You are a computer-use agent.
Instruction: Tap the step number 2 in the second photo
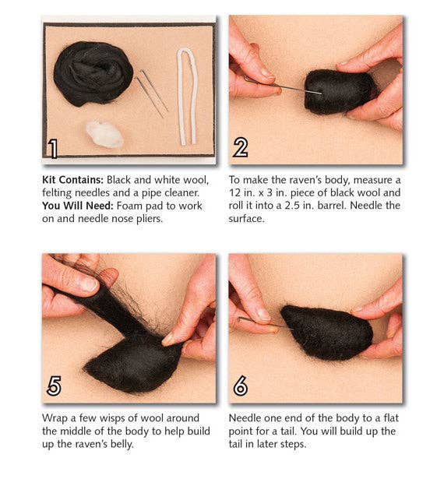(241, 148)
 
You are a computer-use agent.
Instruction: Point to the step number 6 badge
(241, 386)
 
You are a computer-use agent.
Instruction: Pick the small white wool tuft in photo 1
(104, 134)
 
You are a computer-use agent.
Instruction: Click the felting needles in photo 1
(153, 92)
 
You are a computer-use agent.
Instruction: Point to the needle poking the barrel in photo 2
(288, 86)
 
